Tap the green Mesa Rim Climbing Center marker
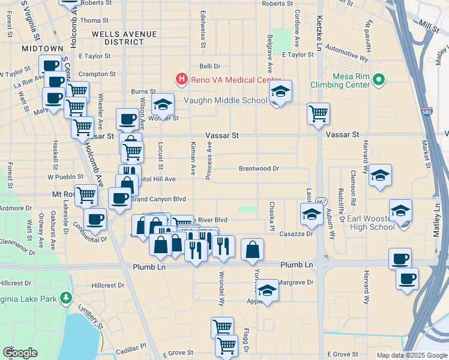[x=378, y=79]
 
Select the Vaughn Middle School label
[x=225, y=101]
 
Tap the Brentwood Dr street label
[x=259, y=169]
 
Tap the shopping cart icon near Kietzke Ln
[x=318, y=113]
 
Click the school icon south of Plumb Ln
[x=268, y=290]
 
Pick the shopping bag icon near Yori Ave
[x=253, y=248]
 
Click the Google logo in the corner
[x=20, y=353]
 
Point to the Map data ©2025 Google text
[x=411, y=355]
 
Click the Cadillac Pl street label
[x=131, y=347]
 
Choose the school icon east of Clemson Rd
[x=380, y=175]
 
